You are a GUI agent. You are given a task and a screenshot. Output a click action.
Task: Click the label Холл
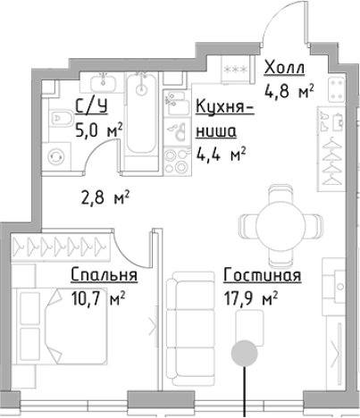[x=285, y=69]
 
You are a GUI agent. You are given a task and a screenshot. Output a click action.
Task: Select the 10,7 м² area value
[x=99, y=295]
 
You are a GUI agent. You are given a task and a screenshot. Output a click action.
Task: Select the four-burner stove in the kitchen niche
[x=173, y=162]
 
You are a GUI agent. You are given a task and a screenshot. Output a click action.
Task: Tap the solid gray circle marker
[x=243, y=352]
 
